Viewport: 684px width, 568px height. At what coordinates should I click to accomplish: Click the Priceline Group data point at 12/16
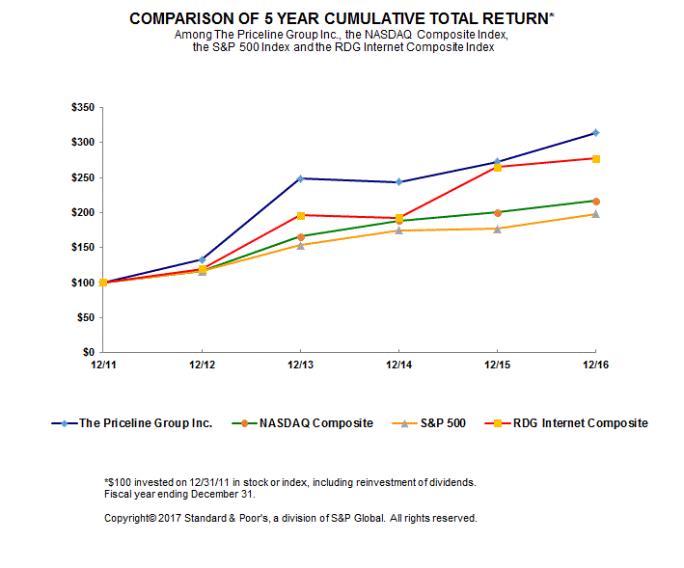tap(595, 132)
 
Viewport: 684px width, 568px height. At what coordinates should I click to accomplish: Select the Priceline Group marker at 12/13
tap(300, 178)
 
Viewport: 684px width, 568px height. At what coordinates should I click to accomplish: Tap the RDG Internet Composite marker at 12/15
tap(497, 167)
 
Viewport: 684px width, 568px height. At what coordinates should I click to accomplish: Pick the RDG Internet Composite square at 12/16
tap(595, 158)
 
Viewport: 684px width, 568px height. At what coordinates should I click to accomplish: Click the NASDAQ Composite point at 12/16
tap(595, 201)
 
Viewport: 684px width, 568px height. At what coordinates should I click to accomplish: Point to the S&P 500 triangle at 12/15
tap(497, 229)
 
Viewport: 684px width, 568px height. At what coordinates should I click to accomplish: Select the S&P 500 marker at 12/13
tap(300, 245)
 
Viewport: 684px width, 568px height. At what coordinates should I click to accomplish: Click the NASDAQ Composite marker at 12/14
tap(398, 221)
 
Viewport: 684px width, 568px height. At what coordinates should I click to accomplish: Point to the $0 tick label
tap(88, 352)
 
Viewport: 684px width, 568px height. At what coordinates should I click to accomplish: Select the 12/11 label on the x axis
tap(103, 365)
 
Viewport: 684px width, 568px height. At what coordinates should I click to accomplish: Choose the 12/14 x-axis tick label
tap(398, 365)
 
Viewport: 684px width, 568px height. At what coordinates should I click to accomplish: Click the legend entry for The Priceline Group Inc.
tap(145, 422)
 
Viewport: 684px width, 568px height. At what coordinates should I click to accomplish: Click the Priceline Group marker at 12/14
tap(398, 181)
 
